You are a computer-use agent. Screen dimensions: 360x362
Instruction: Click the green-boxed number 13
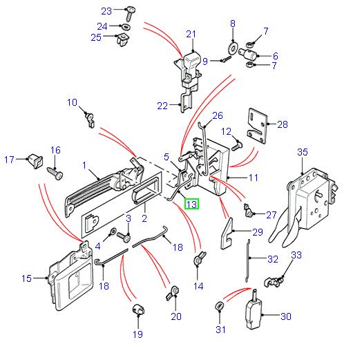(x=191, y=204)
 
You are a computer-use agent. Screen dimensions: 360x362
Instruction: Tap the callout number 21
(x=191, y=34)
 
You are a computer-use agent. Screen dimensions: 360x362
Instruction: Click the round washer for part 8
(x=232, y=49)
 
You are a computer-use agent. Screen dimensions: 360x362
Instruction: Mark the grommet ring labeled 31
(x=220, y=305)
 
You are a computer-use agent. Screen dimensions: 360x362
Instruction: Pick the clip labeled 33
(x=274, y=280)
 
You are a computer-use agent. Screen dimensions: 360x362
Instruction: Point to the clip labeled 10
(x=88, y=119)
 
